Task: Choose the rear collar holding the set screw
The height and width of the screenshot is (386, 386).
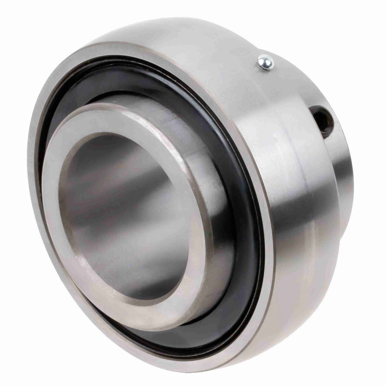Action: [x=338, y=167]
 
